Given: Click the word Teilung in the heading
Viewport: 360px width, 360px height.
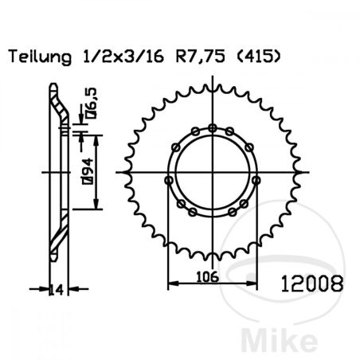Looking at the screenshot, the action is pos(41,57).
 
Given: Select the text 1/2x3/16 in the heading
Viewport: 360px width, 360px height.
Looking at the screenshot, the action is pos(123,57).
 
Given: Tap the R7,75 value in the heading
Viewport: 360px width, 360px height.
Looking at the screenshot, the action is pos(201,57).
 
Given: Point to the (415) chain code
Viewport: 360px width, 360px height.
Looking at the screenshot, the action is pos(258,57).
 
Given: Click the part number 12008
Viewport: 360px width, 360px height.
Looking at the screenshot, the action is pos(312,284).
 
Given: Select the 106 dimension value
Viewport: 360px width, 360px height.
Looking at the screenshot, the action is pos(208,277).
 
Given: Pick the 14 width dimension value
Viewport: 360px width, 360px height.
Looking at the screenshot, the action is pos(57,290).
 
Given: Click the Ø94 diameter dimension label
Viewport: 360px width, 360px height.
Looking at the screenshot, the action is pos(88,171).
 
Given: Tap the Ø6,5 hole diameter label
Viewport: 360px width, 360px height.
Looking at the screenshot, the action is pos(91,104).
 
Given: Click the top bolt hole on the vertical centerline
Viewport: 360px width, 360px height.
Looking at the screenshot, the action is pos(212,128).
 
